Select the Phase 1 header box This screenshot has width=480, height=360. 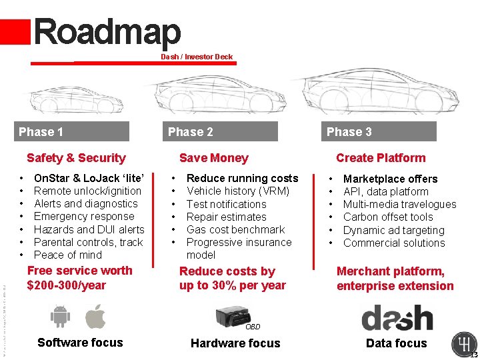[72, 131]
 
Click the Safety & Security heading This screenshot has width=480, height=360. [76, 158]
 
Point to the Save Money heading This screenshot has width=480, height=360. [213, 158]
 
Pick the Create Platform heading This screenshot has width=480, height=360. [381, 158]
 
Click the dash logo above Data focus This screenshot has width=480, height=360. [397, 317]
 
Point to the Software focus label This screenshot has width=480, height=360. [80, 343]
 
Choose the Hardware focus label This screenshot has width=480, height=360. [235, 343]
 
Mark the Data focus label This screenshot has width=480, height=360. [396, 343]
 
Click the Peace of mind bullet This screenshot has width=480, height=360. [68, 255]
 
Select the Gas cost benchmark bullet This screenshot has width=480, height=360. [235, 229]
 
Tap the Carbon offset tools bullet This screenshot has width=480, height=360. [388, 217]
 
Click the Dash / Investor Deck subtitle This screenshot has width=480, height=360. [197, 57]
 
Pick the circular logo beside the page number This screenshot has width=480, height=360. [463, 343]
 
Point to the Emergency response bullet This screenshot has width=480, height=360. [84, 216]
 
